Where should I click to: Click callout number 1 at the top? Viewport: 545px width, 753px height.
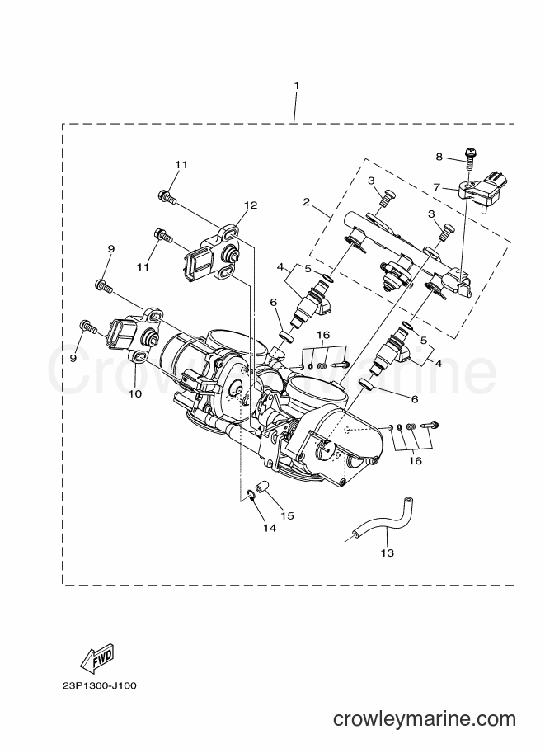[296, 86]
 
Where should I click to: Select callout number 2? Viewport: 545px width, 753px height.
[306, 201]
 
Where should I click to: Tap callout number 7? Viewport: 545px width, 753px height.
[436, 187]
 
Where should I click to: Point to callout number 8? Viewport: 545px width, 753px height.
[439, 157]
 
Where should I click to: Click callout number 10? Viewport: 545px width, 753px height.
[135, 393]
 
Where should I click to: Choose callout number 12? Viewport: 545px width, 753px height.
[251, 205]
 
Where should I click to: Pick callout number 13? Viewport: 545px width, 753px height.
[387, 553]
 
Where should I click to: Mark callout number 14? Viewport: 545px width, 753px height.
[270, 528]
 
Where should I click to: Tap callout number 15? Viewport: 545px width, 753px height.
[287, 515]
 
